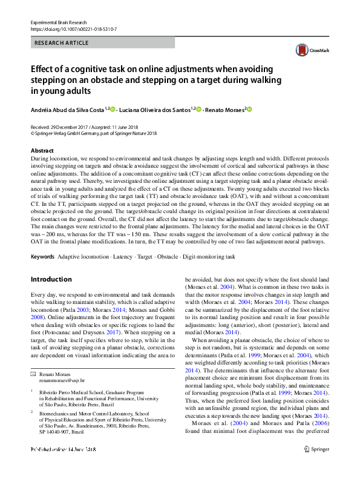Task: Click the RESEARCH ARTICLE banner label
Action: pos(62,43)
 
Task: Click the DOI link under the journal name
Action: pos(73,28)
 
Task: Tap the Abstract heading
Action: pos(42,150)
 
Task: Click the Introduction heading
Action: pos(51,279)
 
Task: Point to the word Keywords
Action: pos(42,257)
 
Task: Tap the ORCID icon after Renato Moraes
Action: pos(249,109)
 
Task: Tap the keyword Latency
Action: pos(123,257)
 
